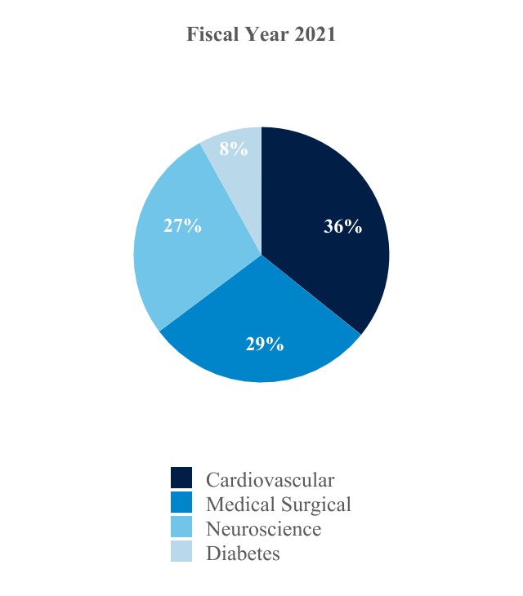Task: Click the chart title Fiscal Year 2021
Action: coord(261,35)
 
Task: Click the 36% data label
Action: coord(342,227)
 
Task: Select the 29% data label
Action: coord(265,344)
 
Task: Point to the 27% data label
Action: coord(182,226)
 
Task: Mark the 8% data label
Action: coord(233,149)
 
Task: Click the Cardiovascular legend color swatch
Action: coord(181,478)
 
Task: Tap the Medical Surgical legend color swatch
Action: coord(181,503)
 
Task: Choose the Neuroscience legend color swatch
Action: coord(181,527)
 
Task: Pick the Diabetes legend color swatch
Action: coord(181,552)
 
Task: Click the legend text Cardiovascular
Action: coord(270,479)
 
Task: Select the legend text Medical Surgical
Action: coord(279,504)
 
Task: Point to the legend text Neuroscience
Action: coord(264,528)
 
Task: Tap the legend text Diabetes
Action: coord(243,553)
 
